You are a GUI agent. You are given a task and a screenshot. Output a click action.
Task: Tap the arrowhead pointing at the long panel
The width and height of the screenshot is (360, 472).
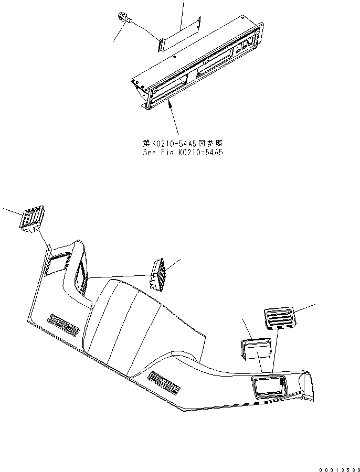(x=168, y=105)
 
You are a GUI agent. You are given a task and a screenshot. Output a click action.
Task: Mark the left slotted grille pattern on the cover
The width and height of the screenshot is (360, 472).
(x=63, y=324)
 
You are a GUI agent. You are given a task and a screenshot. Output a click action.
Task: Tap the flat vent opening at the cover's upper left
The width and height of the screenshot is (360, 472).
(x=58, y=261)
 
